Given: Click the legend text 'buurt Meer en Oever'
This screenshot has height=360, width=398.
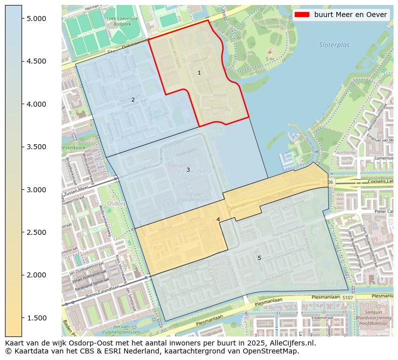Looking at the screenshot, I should tap(350, 15).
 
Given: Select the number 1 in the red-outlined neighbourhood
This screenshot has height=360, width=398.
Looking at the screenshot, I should tap(199, 73).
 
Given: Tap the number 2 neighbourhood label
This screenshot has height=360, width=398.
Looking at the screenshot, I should tap(133, 100).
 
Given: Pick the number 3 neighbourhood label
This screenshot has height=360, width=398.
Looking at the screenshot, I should tap(188, 170).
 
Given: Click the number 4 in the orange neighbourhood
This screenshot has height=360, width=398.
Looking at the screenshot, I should tap(218, 219).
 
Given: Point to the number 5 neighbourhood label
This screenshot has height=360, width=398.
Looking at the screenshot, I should tap(259, 258).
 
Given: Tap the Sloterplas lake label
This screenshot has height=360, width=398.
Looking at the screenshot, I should tap(334, 45).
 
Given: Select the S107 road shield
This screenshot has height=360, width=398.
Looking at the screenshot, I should tap(348, 298).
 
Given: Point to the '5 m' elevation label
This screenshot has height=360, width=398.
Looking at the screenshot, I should tap(270, 59).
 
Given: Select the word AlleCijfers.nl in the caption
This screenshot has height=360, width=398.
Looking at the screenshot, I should tap(291, 343).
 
